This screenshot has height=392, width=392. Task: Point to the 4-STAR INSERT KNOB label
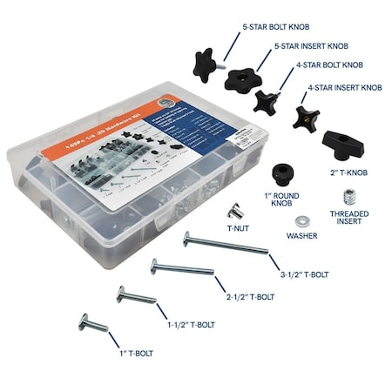[345, 88]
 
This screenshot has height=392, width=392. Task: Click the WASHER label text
[301, 236]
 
